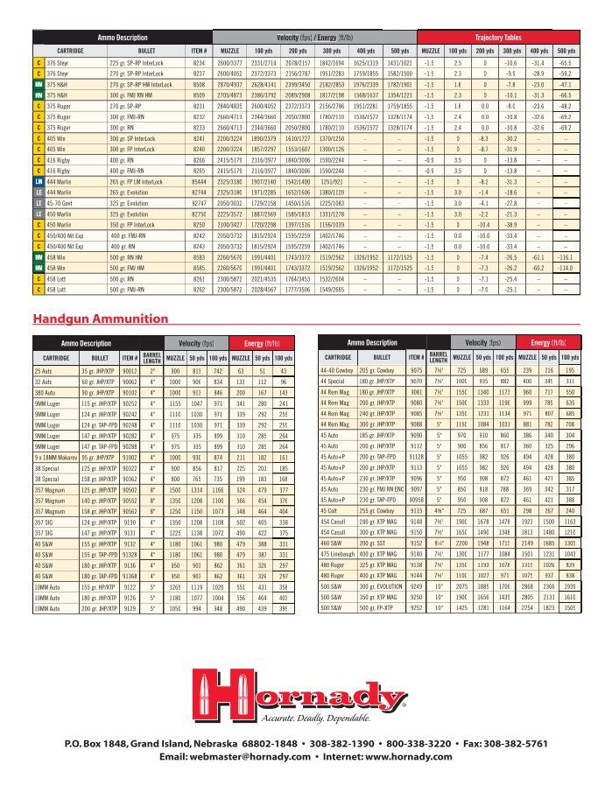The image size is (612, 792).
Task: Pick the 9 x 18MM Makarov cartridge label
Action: coord(56,457)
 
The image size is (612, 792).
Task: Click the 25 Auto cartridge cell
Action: coord(43,371)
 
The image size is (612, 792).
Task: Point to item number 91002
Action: coord(129,457)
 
